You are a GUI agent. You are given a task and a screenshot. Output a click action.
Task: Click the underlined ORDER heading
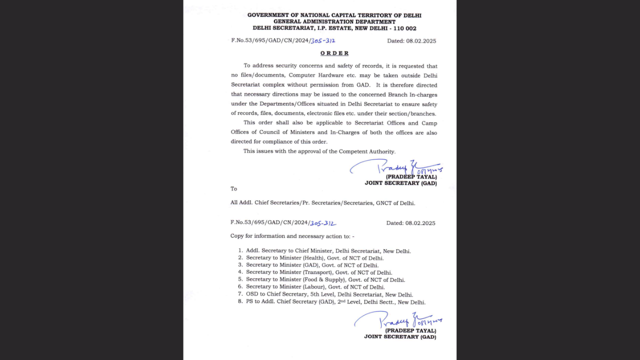(334, 53)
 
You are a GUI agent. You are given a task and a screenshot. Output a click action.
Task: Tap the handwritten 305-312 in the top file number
(322, 41)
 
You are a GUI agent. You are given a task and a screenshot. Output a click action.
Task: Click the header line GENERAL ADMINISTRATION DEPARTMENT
(334, 22)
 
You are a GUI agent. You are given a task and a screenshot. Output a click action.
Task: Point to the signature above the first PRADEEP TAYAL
(395, 167)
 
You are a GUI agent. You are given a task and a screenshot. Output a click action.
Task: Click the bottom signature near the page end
(397, 319)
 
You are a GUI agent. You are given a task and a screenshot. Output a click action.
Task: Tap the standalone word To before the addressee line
(233, 189)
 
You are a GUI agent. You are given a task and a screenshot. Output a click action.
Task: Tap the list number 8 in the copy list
(240, 301)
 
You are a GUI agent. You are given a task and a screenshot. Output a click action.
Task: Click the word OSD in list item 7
(252, 294)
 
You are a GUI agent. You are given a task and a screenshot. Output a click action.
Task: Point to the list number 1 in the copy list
(240, 250)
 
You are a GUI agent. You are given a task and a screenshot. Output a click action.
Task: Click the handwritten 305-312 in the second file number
(322, 223)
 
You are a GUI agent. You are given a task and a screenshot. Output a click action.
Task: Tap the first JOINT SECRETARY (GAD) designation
(400, 183)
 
